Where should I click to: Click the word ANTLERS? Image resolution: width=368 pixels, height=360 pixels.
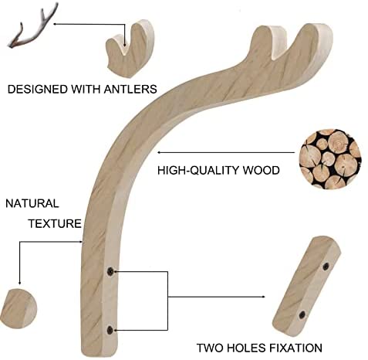pyautogui.click(x=130, y=89)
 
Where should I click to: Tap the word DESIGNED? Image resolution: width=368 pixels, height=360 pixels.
pyautogui.click(x=38, y=89)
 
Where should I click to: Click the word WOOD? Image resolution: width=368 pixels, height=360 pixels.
pyautogui.click(x=261, y=171)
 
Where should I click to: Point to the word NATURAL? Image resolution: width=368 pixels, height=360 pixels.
pyautogui.click(x=32, y=203)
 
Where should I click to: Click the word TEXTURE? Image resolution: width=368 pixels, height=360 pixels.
pyautogui.click(x=55, y=223)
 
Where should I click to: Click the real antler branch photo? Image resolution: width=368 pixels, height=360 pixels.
pyautogui.click(x=33, y=25)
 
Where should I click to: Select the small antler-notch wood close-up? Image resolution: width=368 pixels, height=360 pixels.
pyautogui.click(x=130, y=49)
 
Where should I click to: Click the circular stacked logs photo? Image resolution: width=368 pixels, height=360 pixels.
pyautogui.click(x=330, y=159)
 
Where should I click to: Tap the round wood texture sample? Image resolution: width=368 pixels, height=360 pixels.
pyautogui.click(x=18, y=308)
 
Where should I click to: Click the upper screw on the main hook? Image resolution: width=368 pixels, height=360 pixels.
pyautogui.click(x=110, y=271)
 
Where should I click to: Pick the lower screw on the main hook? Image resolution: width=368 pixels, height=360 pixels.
pyautogui.click(x=110, y=330)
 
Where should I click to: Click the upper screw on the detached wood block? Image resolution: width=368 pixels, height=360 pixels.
pyautogui.click(x=326, y=267)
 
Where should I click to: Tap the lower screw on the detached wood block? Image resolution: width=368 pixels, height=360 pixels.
pyautogui.click(x=302, y=314)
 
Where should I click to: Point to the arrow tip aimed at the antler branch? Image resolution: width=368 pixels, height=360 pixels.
pyautogui.click(x=55, y=24)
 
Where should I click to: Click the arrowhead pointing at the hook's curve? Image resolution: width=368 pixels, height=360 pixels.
pyautogui.click(x=159, y=152)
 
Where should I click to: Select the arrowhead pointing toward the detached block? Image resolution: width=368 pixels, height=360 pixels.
pyautogui.click(x=263, y=297)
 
